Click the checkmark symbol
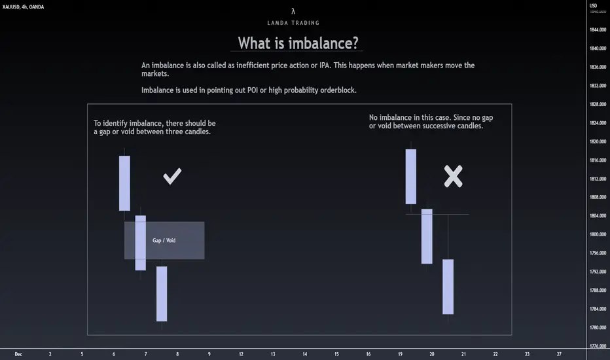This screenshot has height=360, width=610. [172, 176]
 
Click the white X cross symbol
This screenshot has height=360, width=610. [453, 176]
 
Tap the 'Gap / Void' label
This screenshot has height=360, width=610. [164, 240]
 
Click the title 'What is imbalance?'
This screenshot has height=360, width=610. [298, 43]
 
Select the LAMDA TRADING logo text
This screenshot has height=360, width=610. [293, 23]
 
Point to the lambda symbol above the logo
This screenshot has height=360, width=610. [293, 11]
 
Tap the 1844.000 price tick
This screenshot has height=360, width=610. [598, 29]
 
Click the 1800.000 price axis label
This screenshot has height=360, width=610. [598, 234]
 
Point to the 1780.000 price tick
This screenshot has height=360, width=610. [598, 327]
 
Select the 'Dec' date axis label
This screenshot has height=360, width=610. [18, 354]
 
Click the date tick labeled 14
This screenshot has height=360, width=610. [304, 354]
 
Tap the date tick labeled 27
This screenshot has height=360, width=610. [559, 354]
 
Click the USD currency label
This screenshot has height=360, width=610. [593, 5]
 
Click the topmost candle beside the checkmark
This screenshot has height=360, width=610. [124, 183]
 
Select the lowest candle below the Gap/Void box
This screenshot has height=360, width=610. [162, 294]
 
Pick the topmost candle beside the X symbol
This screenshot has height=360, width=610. [411, 176]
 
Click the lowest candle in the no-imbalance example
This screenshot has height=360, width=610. [448, 287]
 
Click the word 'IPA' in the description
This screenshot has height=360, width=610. [325, 65]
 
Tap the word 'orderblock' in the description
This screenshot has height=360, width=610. [338, 90]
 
